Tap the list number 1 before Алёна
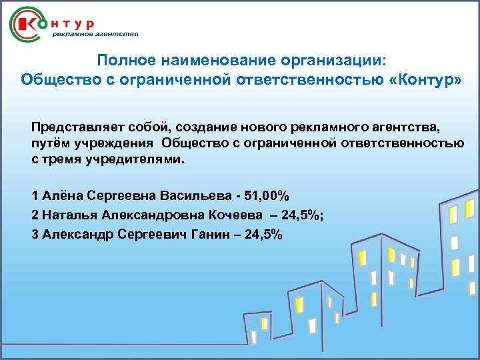tap(35, 196)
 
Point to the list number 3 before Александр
tap(35, 235)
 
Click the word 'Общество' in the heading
tap(55, 80)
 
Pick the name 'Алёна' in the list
tap(59, 196)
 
